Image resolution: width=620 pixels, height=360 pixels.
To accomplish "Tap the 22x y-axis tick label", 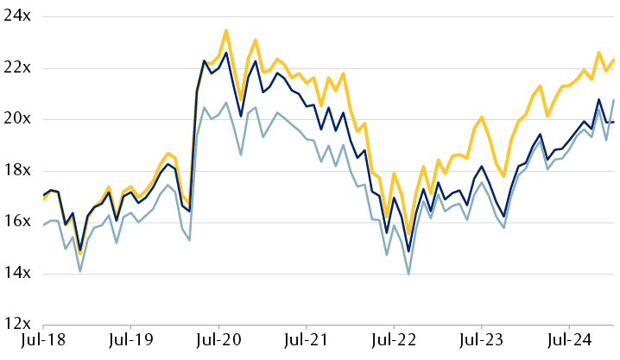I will click(x=16, y=67).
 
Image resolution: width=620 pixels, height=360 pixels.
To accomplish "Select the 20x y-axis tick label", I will click(x=16, y=119).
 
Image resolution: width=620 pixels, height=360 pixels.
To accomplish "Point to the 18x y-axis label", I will click(x=16, y=170).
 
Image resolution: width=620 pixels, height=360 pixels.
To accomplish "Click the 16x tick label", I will click(x=16, y=222).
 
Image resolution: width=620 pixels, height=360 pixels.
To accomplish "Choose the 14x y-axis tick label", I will click(x=16, y=274).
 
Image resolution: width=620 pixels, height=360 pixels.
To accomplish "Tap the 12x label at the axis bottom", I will click(x=16, y=325).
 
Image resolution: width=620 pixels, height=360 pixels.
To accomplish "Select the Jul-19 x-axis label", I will click(x=132, y=344).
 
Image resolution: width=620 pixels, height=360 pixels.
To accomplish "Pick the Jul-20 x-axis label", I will click(x=219, y=344).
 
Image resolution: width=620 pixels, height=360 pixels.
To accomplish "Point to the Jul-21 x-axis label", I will click(x=307, y=344).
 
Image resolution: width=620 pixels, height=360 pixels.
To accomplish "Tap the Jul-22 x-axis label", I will click(x=394, y=344).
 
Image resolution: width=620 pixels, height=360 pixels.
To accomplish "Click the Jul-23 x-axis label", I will click(x=481, y=344).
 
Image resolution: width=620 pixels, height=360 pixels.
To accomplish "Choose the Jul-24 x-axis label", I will click(x=568, y=344).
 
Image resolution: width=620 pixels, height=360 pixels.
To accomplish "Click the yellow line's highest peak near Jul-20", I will click(x=226, y=30).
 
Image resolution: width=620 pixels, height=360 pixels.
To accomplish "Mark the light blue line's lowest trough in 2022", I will click(x=408, y=274).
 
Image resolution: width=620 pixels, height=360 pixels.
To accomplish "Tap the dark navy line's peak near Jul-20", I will click(x=226, y=53).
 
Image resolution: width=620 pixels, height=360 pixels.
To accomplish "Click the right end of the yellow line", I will click(x=614, y=60).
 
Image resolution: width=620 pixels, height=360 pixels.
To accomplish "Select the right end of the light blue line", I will click(x=614, y=100).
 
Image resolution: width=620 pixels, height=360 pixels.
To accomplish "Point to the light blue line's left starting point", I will click(x=44, y=225).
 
